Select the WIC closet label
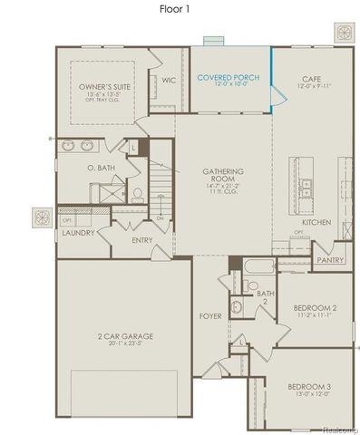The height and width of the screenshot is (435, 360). (x=169, y=79)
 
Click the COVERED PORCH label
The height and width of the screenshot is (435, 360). (x=228, y=78)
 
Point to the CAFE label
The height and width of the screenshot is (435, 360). (x=311, y=79)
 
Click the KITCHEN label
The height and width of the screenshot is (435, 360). (x=316, y=222)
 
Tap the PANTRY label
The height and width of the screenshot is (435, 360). (x=327, y=259)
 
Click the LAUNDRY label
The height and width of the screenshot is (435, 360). (x=78, y=232)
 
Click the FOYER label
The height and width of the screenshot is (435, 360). (x=210, y=316)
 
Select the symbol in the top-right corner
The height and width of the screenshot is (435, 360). (x=344, y=33)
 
